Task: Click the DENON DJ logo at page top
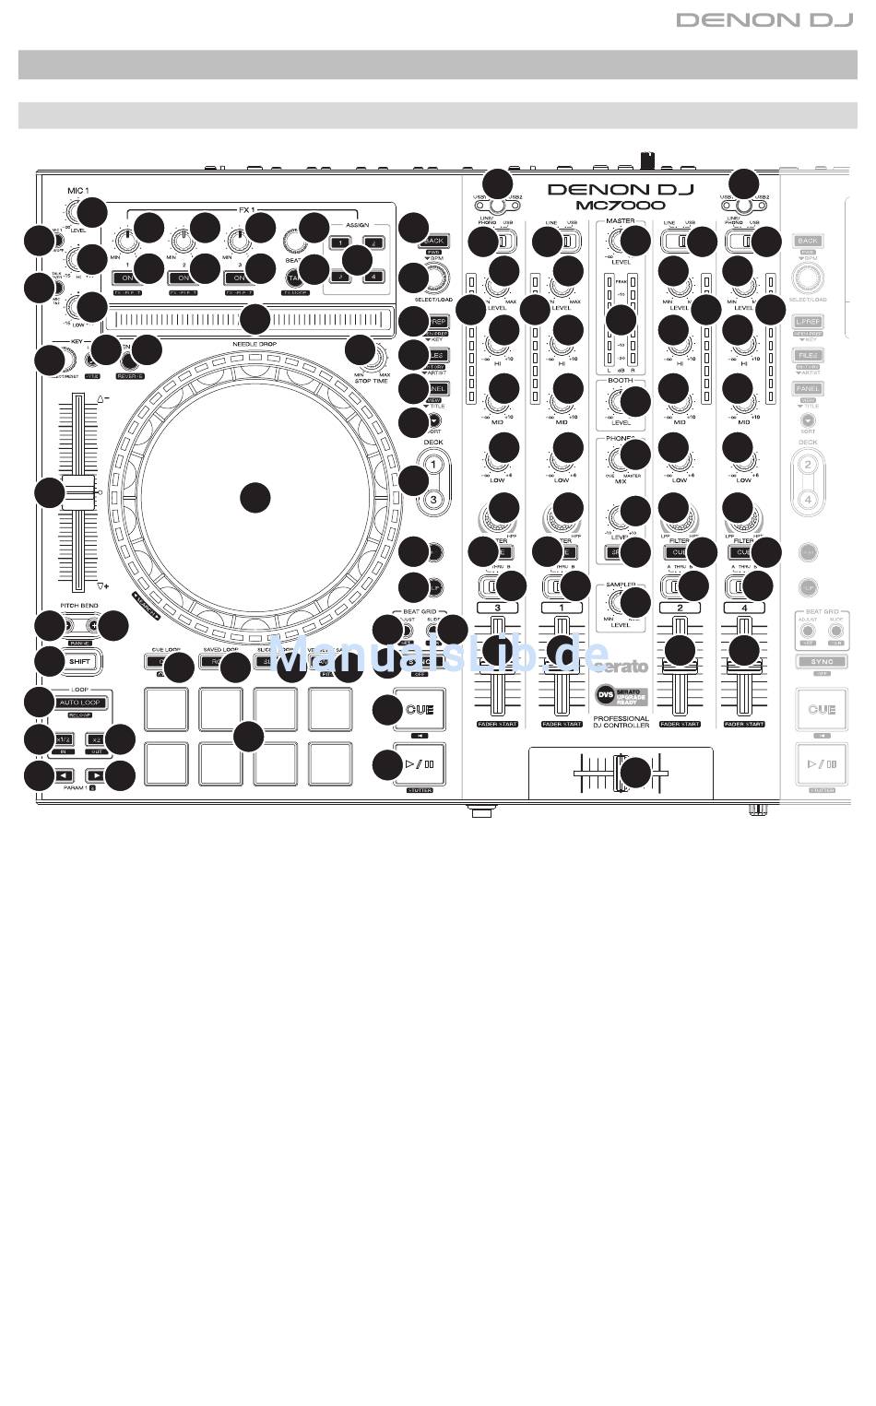[764, 19]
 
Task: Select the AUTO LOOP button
[80, 703]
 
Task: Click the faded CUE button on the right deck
[821, 710]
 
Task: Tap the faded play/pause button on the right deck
[821, 763]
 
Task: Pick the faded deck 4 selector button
[808, 499]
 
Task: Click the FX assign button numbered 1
[340, 243]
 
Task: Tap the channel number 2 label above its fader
[680, 608]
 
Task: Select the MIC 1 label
[77, 192]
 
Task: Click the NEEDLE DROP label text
[255, 343]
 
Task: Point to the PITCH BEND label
[79, 606]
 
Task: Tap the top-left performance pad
[166, 709]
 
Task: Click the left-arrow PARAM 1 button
[64, 775]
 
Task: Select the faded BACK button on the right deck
[808, 241]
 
